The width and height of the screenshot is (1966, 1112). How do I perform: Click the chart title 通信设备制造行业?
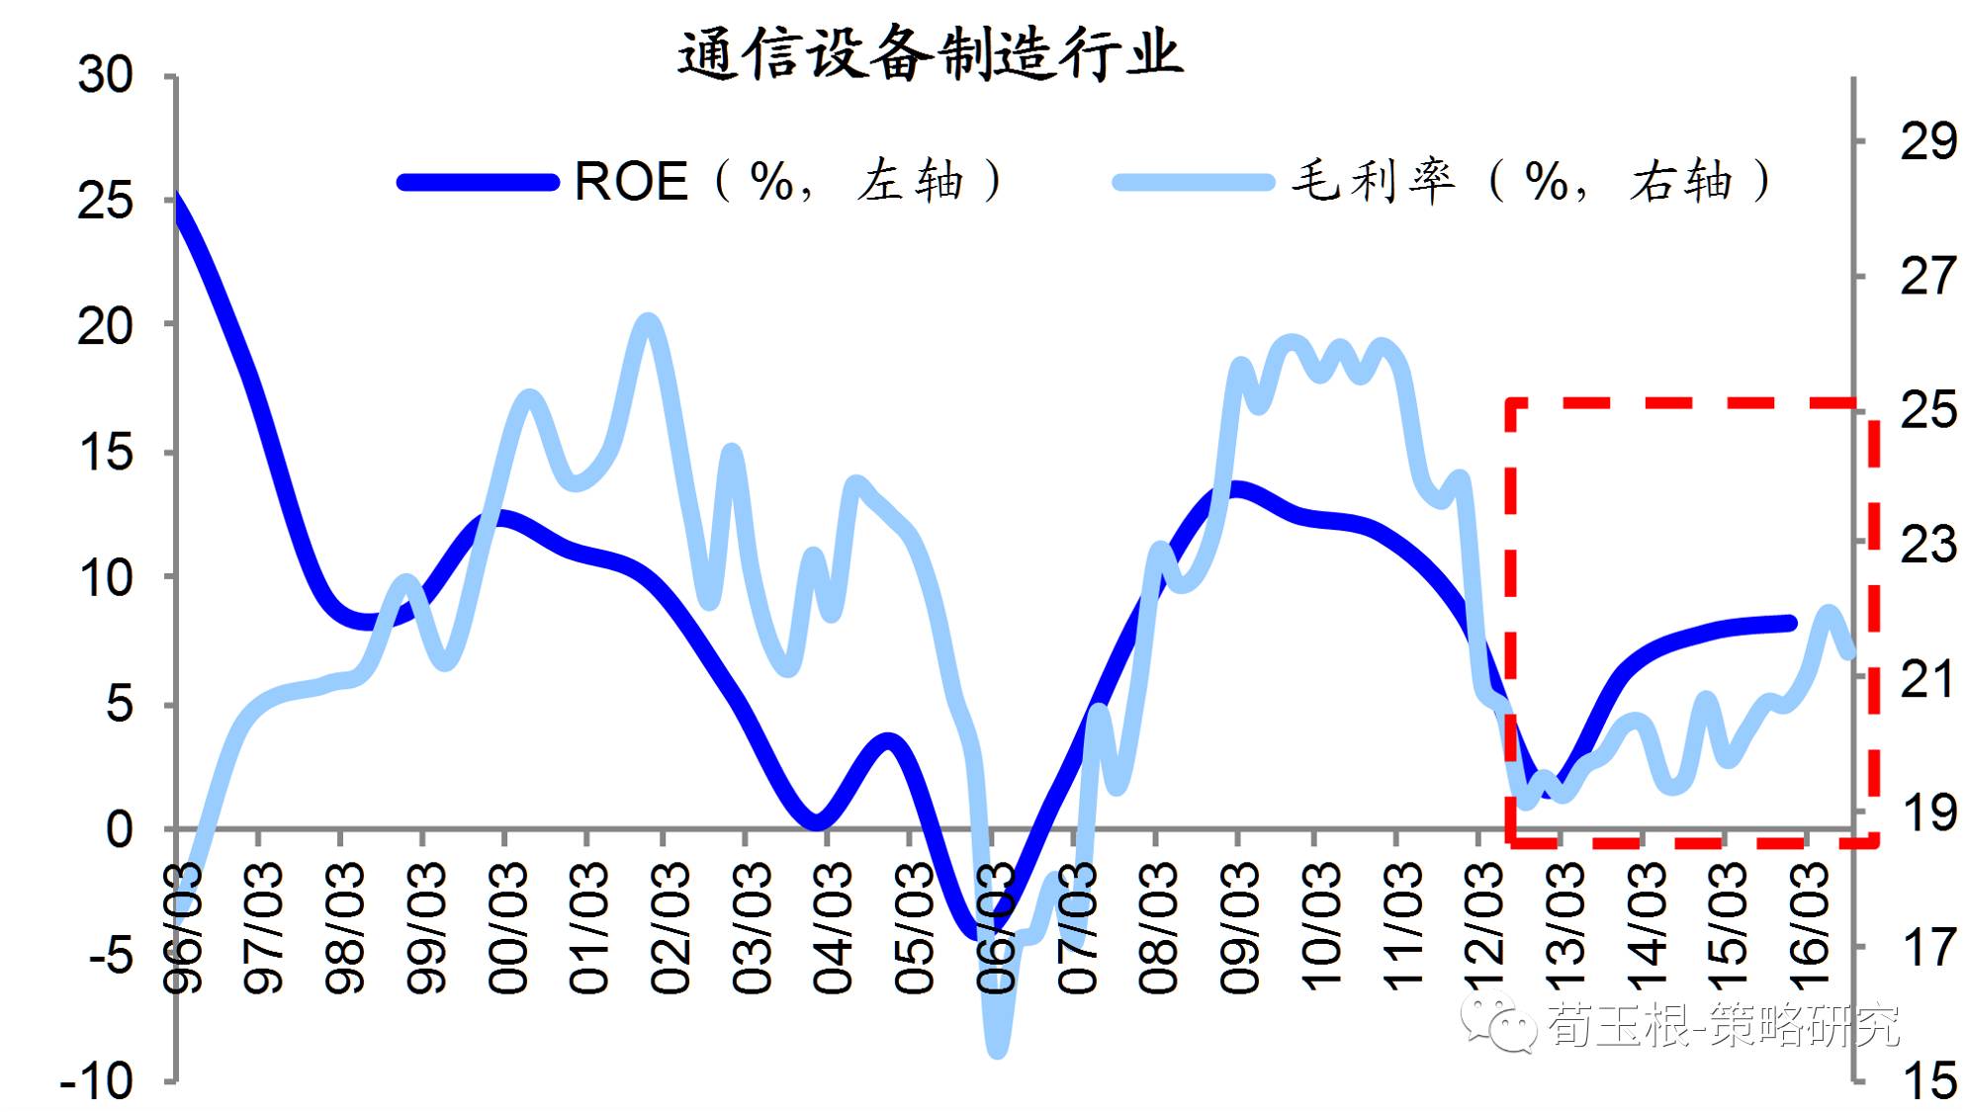930,54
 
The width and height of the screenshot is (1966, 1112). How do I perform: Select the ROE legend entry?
630,182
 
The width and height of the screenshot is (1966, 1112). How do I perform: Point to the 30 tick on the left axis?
106,76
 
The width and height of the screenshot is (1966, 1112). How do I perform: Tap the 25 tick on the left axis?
106,202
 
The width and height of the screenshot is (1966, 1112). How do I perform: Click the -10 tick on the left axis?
97,1081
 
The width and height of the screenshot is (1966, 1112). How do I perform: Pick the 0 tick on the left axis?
119,829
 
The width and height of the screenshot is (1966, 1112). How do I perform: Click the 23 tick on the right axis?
1926,545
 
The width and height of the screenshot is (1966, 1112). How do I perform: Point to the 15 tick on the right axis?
1926,1079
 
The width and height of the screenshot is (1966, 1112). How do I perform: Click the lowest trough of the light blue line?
998,1050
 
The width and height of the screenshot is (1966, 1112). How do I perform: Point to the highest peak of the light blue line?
648,321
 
